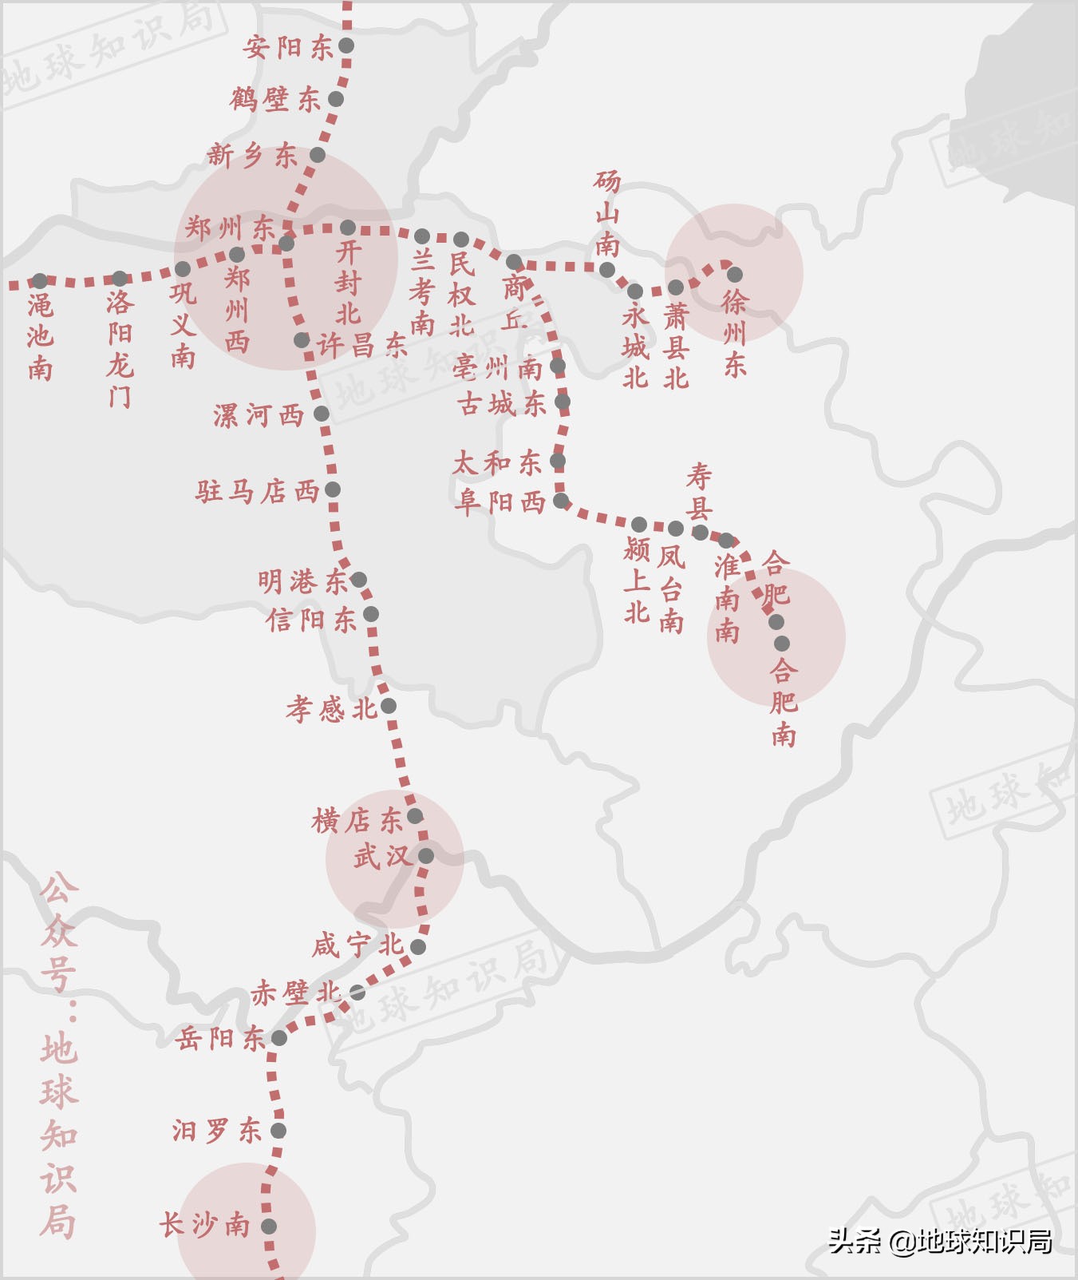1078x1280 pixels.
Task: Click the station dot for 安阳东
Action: (346, 46)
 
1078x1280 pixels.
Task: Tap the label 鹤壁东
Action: (275, 100)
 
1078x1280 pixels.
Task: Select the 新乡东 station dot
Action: (318, 155)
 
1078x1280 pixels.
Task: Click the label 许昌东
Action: (362, 345)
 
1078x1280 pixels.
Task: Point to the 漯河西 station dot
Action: (322, 414)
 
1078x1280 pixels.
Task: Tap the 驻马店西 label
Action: (257, 490)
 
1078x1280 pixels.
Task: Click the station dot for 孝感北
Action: (389, 706)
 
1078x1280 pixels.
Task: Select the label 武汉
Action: (383, 857)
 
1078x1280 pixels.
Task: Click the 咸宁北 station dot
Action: (418, 947)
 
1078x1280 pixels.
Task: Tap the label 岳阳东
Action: (220, 1038)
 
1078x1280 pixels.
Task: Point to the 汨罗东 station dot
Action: (278, 1131)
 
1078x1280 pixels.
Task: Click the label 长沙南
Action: (204, 1225)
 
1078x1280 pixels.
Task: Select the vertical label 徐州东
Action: (734, 333)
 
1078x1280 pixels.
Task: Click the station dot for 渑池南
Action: (40, 281)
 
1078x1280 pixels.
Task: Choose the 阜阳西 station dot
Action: (561, 501)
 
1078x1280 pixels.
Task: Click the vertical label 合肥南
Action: (784, 701)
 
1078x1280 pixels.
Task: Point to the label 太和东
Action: (496, 462)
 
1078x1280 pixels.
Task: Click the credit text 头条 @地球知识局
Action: (939, 1241)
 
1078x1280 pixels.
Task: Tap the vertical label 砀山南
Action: (607, 213)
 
